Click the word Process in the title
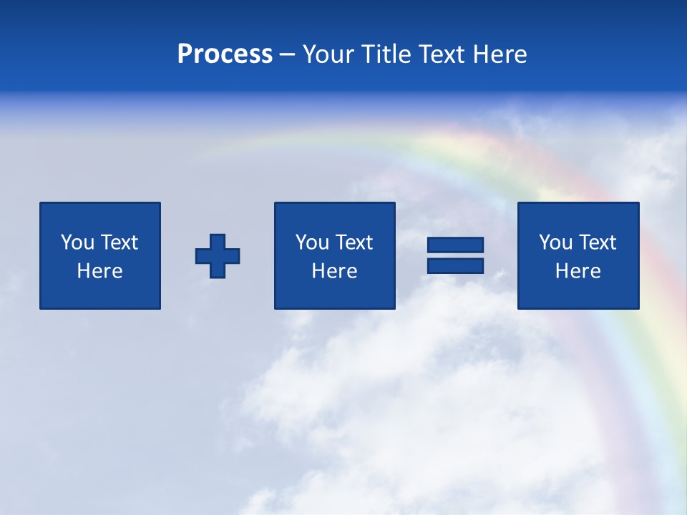point(225,54)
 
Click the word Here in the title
point(500,54)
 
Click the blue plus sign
point(218,256)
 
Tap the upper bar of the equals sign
point(455,245)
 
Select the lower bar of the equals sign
point(455,266)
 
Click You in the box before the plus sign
point(77,242)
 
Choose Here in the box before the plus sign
point(99,271)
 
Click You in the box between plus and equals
point(312,242)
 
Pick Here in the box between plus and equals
point(334,271)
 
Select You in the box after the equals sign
point(555,242)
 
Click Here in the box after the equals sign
point(578,271)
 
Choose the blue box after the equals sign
point(578,293)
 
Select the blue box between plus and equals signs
point(334,293)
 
